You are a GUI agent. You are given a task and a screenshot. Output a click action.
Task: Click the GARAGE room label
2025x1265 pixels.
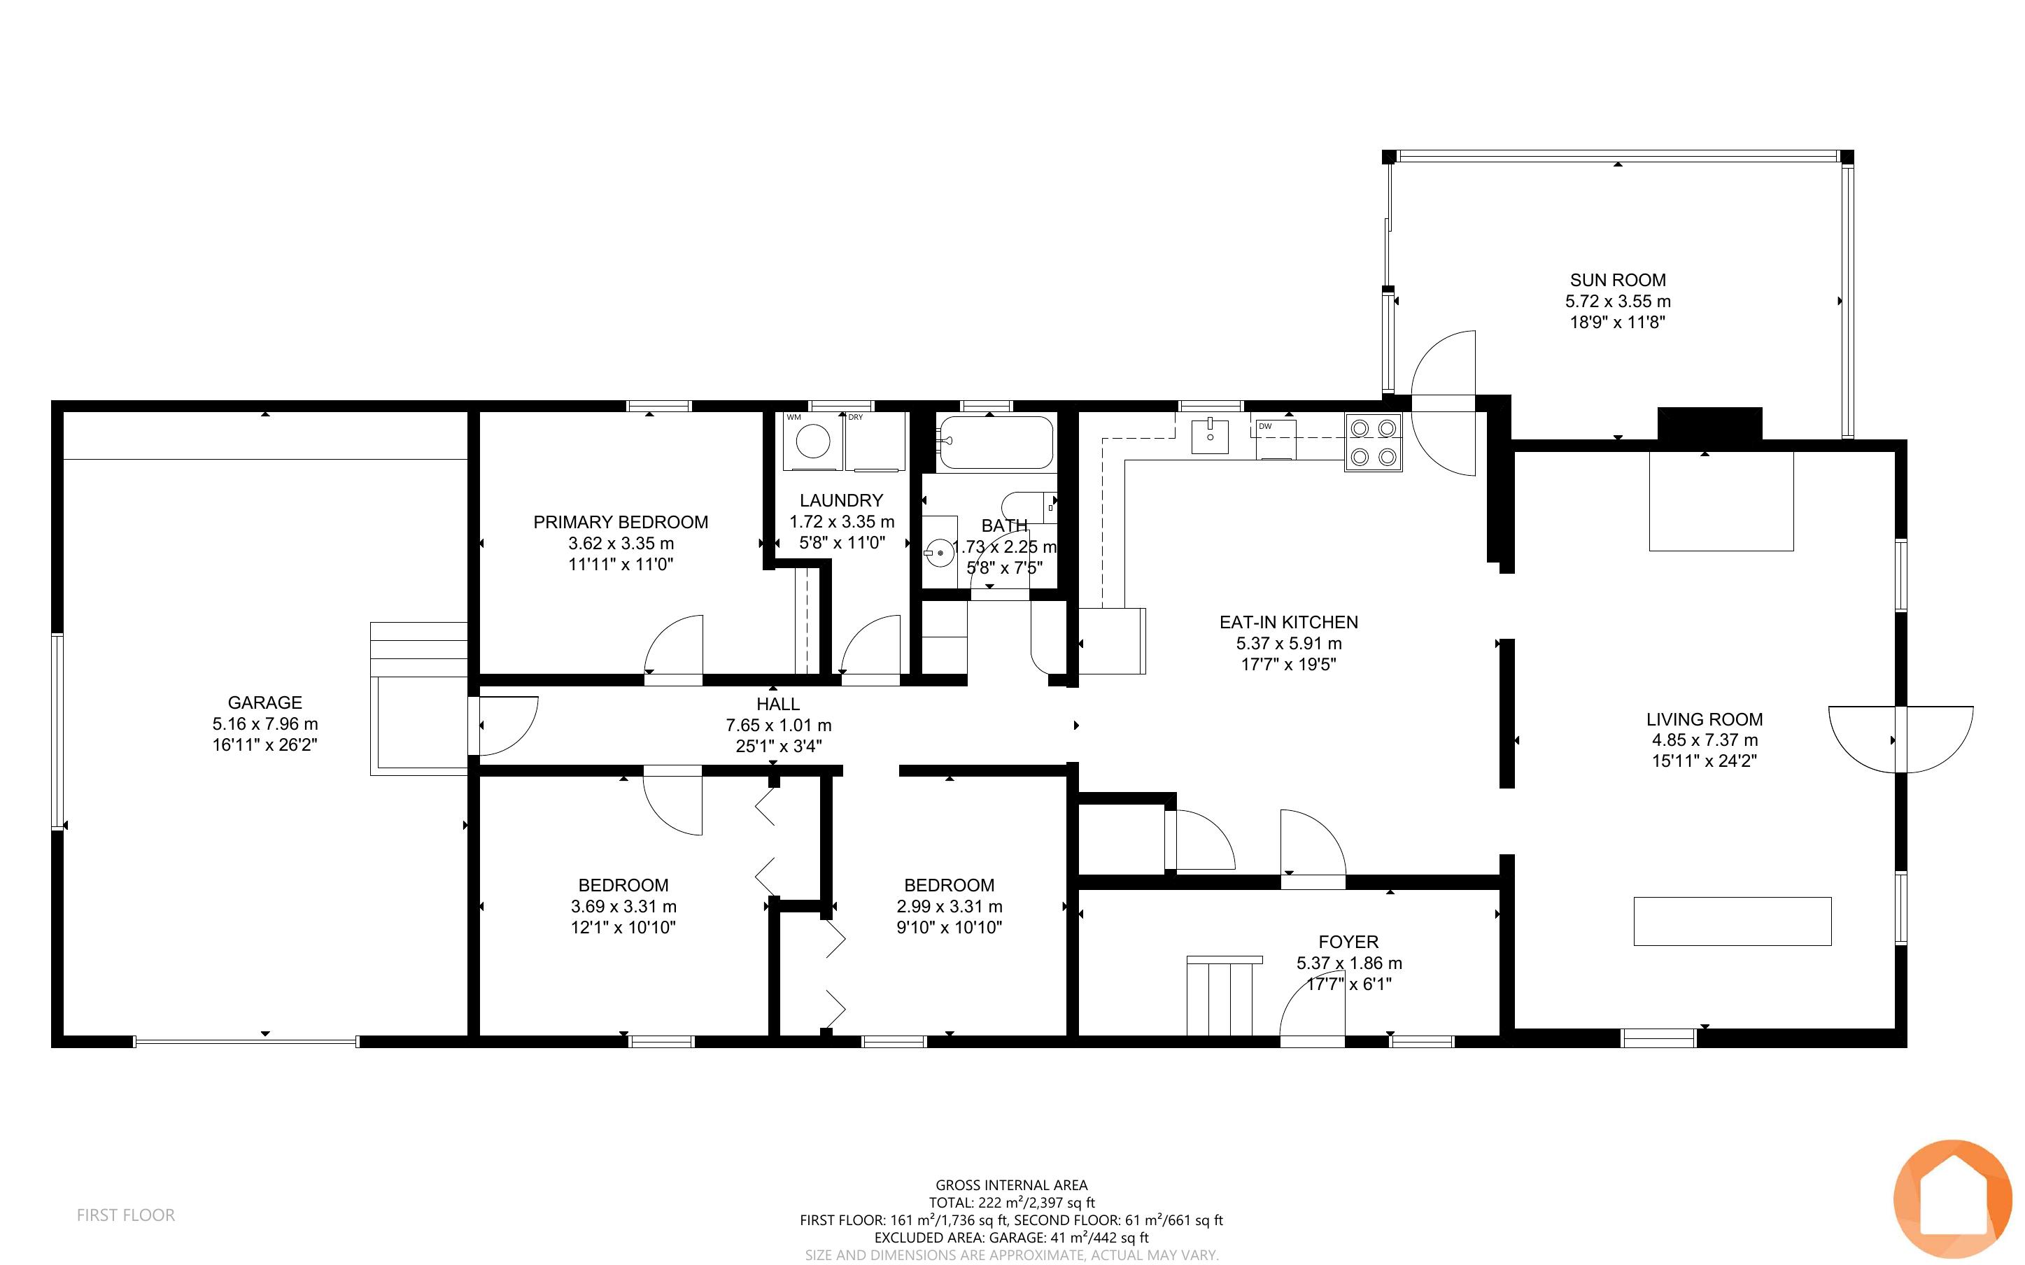264,702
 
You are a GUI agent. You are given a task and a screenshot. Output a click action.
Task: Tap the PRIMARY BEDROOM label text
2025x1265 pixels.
621,522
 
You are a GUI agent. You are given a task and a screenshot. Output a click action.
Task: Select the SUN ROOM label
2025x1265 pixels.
1618,281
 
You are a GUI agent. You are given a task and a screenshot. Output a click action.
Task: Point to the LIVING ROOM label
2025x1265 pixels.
1705,719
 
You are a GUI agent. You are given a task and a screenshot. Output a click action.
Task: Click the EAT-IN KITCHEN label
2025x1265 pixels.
1289,623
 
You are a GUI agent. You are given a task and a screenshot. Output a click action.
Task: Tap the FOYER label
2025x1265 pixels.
1348,942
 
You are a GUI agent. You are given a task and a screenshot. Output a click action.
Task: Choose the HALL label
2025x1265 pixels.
778,705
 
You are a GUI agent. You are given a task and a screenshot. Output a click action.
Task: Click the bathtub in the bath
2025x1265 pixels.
994,443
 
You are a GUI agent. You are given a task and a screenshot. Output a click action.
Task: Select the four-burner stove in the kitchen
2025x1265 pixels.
1374,443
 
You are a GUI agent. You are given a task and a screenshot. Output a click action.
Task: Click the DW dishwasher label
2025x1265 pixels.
1266,427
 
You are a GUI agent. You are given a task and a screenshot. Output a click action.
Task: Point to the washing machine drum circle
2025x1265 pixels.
813,441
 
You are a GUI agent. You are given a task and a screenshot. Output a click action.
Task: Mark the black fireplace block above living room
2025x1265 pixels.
1709,423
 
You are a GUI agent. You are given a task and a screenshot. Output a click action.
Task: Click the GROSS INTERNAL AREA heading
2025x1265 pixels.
1011,1185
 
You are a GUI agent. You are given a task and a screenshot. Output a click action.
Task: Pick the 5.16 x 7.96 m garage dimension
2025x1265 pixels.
264,723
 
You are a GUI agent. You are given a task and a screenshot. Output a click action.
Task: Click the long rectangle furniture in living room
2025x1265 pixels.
1733,921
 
